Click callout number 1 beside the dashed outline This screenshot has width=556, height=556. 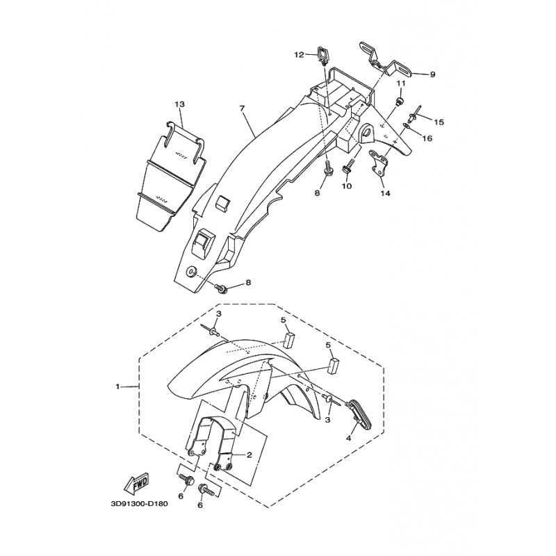coord(118,385)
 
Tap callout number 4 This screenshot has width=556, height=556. coord(349,439)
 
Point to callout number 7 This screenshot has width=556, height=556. coord(243,108)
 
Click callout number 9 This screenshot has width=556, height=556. coord(432,74)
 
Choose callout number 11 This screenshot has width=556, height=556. coord(400,83)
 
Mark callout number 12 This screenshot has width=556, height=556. coord(299,54)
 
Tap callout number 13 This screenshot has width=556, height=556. coord(179,104)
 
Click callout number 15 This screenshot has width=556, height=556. coord(439,122)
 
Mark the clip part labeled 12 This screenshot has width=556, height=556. coord(324,52)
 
